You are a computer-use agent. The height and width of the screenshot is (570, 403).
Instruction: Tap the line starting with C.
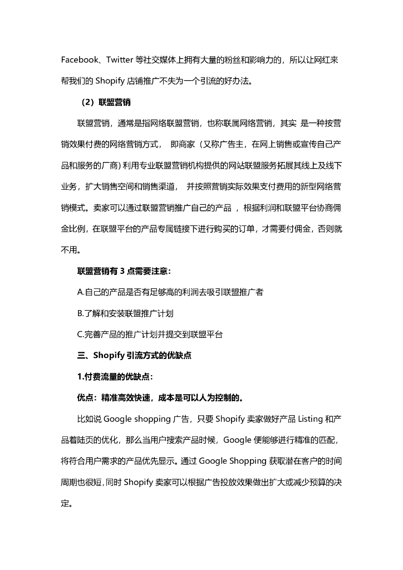[x=150, y=335]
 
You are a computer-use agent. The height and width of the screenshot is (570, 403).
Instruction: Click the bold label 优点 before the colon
[x=85, y=398]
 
